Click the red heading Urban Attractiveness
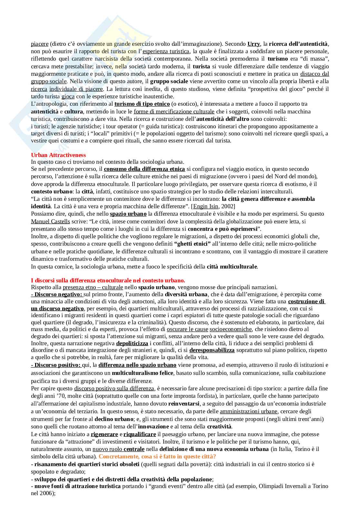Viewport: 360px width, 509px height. pyautogui.click(x=58, y=155)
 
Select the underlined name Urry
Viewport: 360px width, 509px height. pyautogui.click(x=254, y=44)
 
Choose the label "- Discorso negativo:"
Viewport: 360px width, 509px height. pyautogui.click(x=57, y=294)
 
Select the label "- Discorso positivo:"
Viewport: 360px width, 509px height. pyautogui.click(x=56, y=365)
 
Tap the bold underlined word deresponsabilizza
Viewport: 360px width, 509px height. pyautogui.click(x=212, y=350)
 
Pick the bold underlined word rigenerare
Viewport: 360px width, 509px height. pyautogui.click(x=104, y=434)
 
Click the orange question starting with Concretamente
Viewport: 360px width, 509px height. pyautogui.click(x=157, y=456)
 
